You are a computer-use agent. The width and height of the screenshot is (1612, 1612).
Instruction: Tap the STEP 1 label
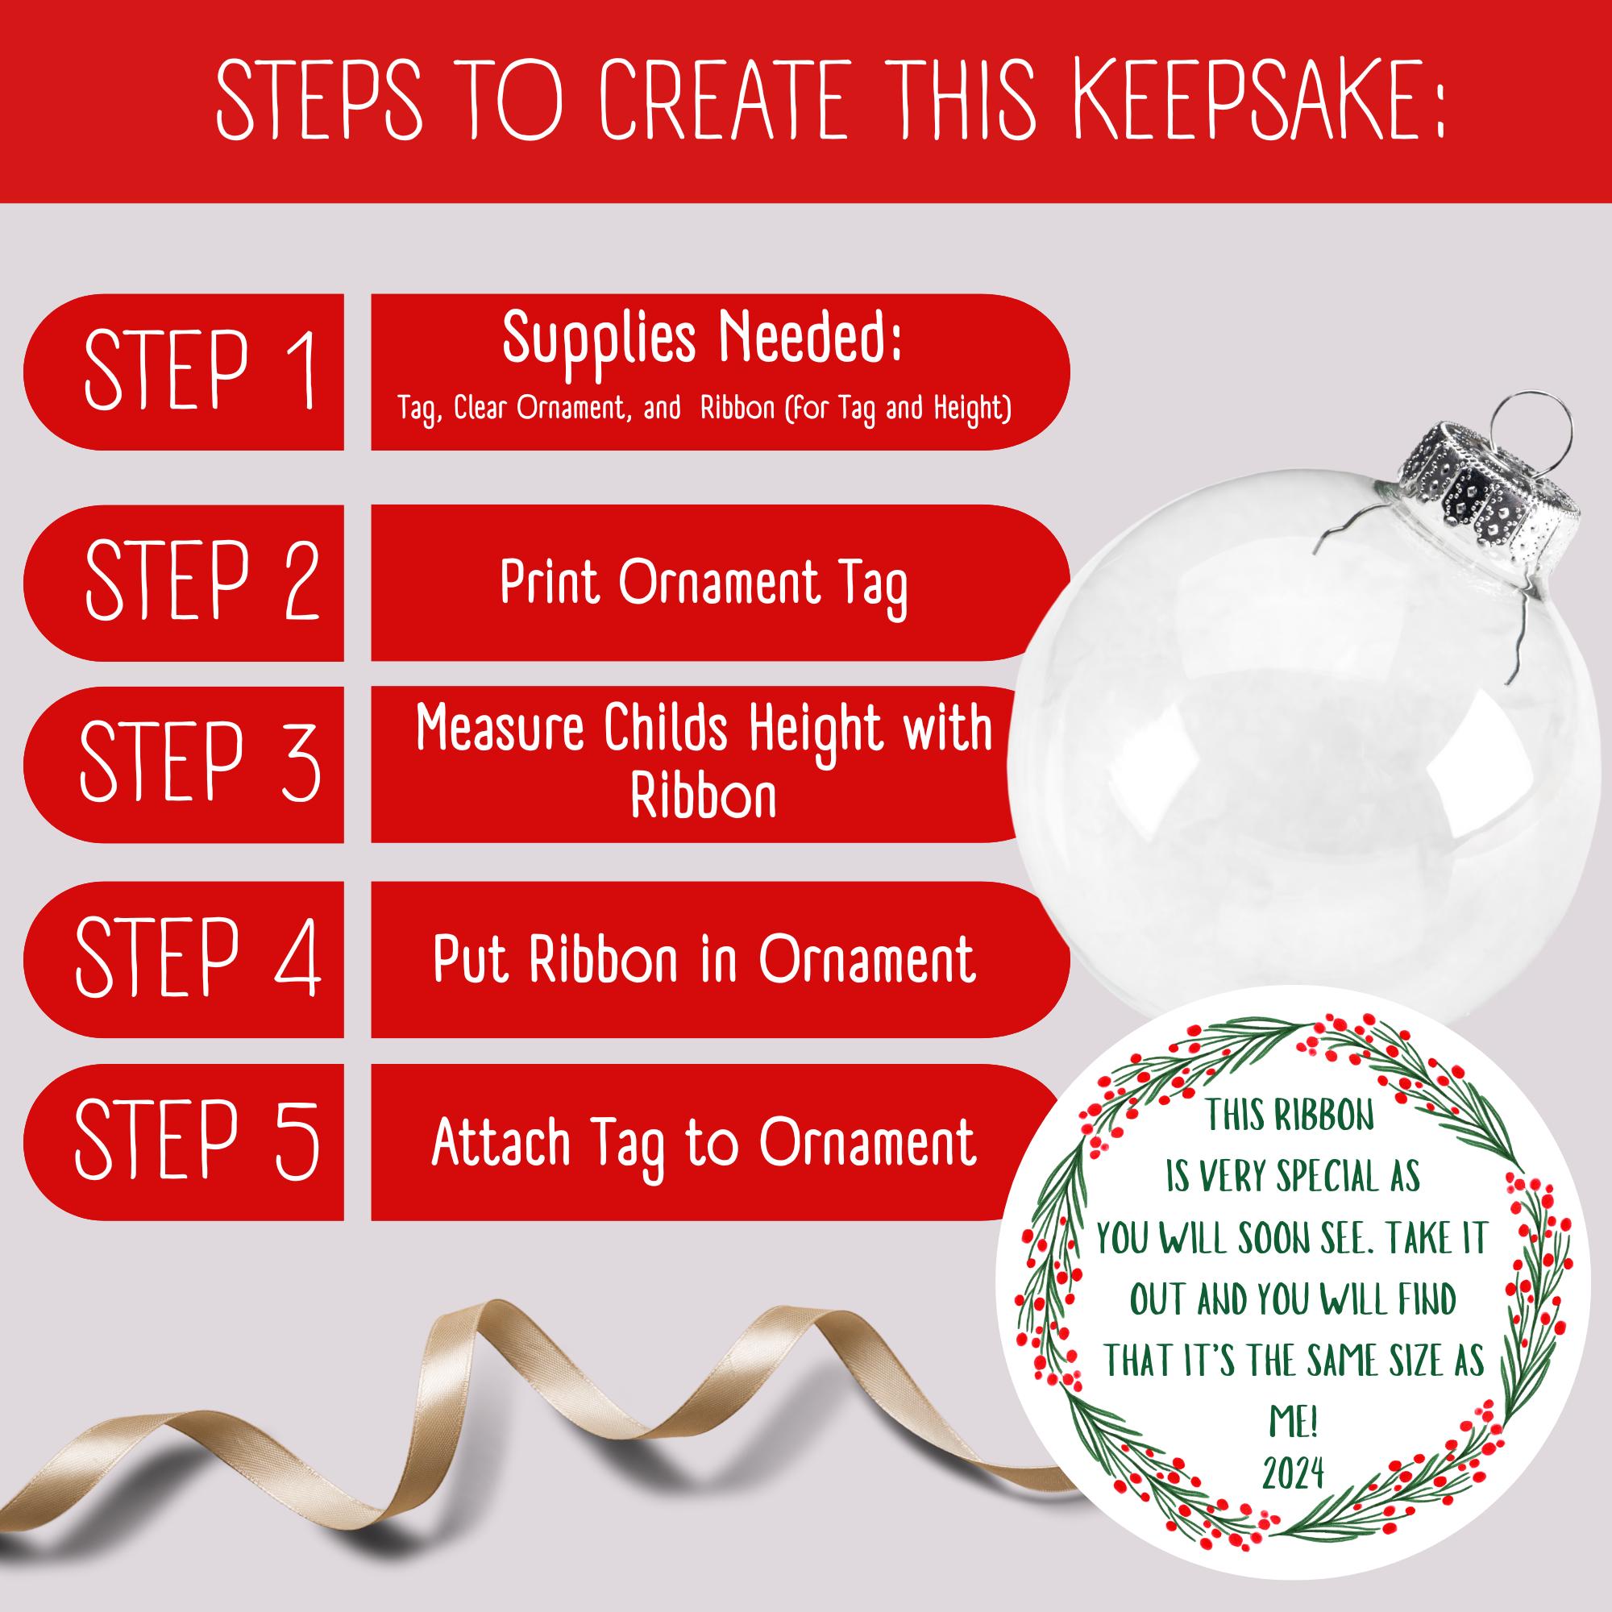point(200,371)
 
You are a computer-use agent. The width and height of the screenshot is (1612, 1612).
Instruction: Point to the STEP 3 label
point(200,763)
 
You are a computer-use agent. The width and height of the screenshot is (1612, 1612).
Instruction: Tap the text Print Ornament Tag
point(704,584)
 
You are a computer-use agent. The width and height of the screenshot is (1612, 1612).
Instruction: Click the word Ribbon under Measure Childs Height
point(704,798)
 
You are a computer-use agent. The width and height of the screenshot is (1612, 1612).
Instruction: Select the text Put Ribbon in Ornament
point(704,959)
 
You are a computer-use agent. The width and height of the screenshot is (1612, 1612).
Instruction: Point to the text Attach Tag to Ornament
point(704,1142)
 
